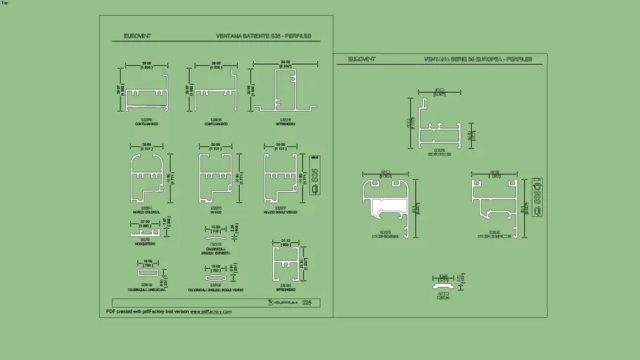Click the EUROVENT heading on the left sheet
pyautogui.click(x=137, y=36)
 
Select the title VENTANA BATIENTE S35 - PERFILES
pyautogui.click(x=264, y=36)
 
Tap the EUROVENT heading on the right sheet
pyautogui.click(x=361, y=60)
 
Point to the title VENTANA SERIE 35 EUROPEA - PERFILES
pyautogui.click(x=478, y=60)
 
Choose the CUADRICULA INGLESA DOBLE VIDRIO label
pyautogui.click(x=216, y=290)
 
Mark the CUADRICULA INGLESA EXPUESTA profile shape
pyautogui.click(x=215, y=229)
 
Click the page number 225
pyautogui.click(x=307, y=302)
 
